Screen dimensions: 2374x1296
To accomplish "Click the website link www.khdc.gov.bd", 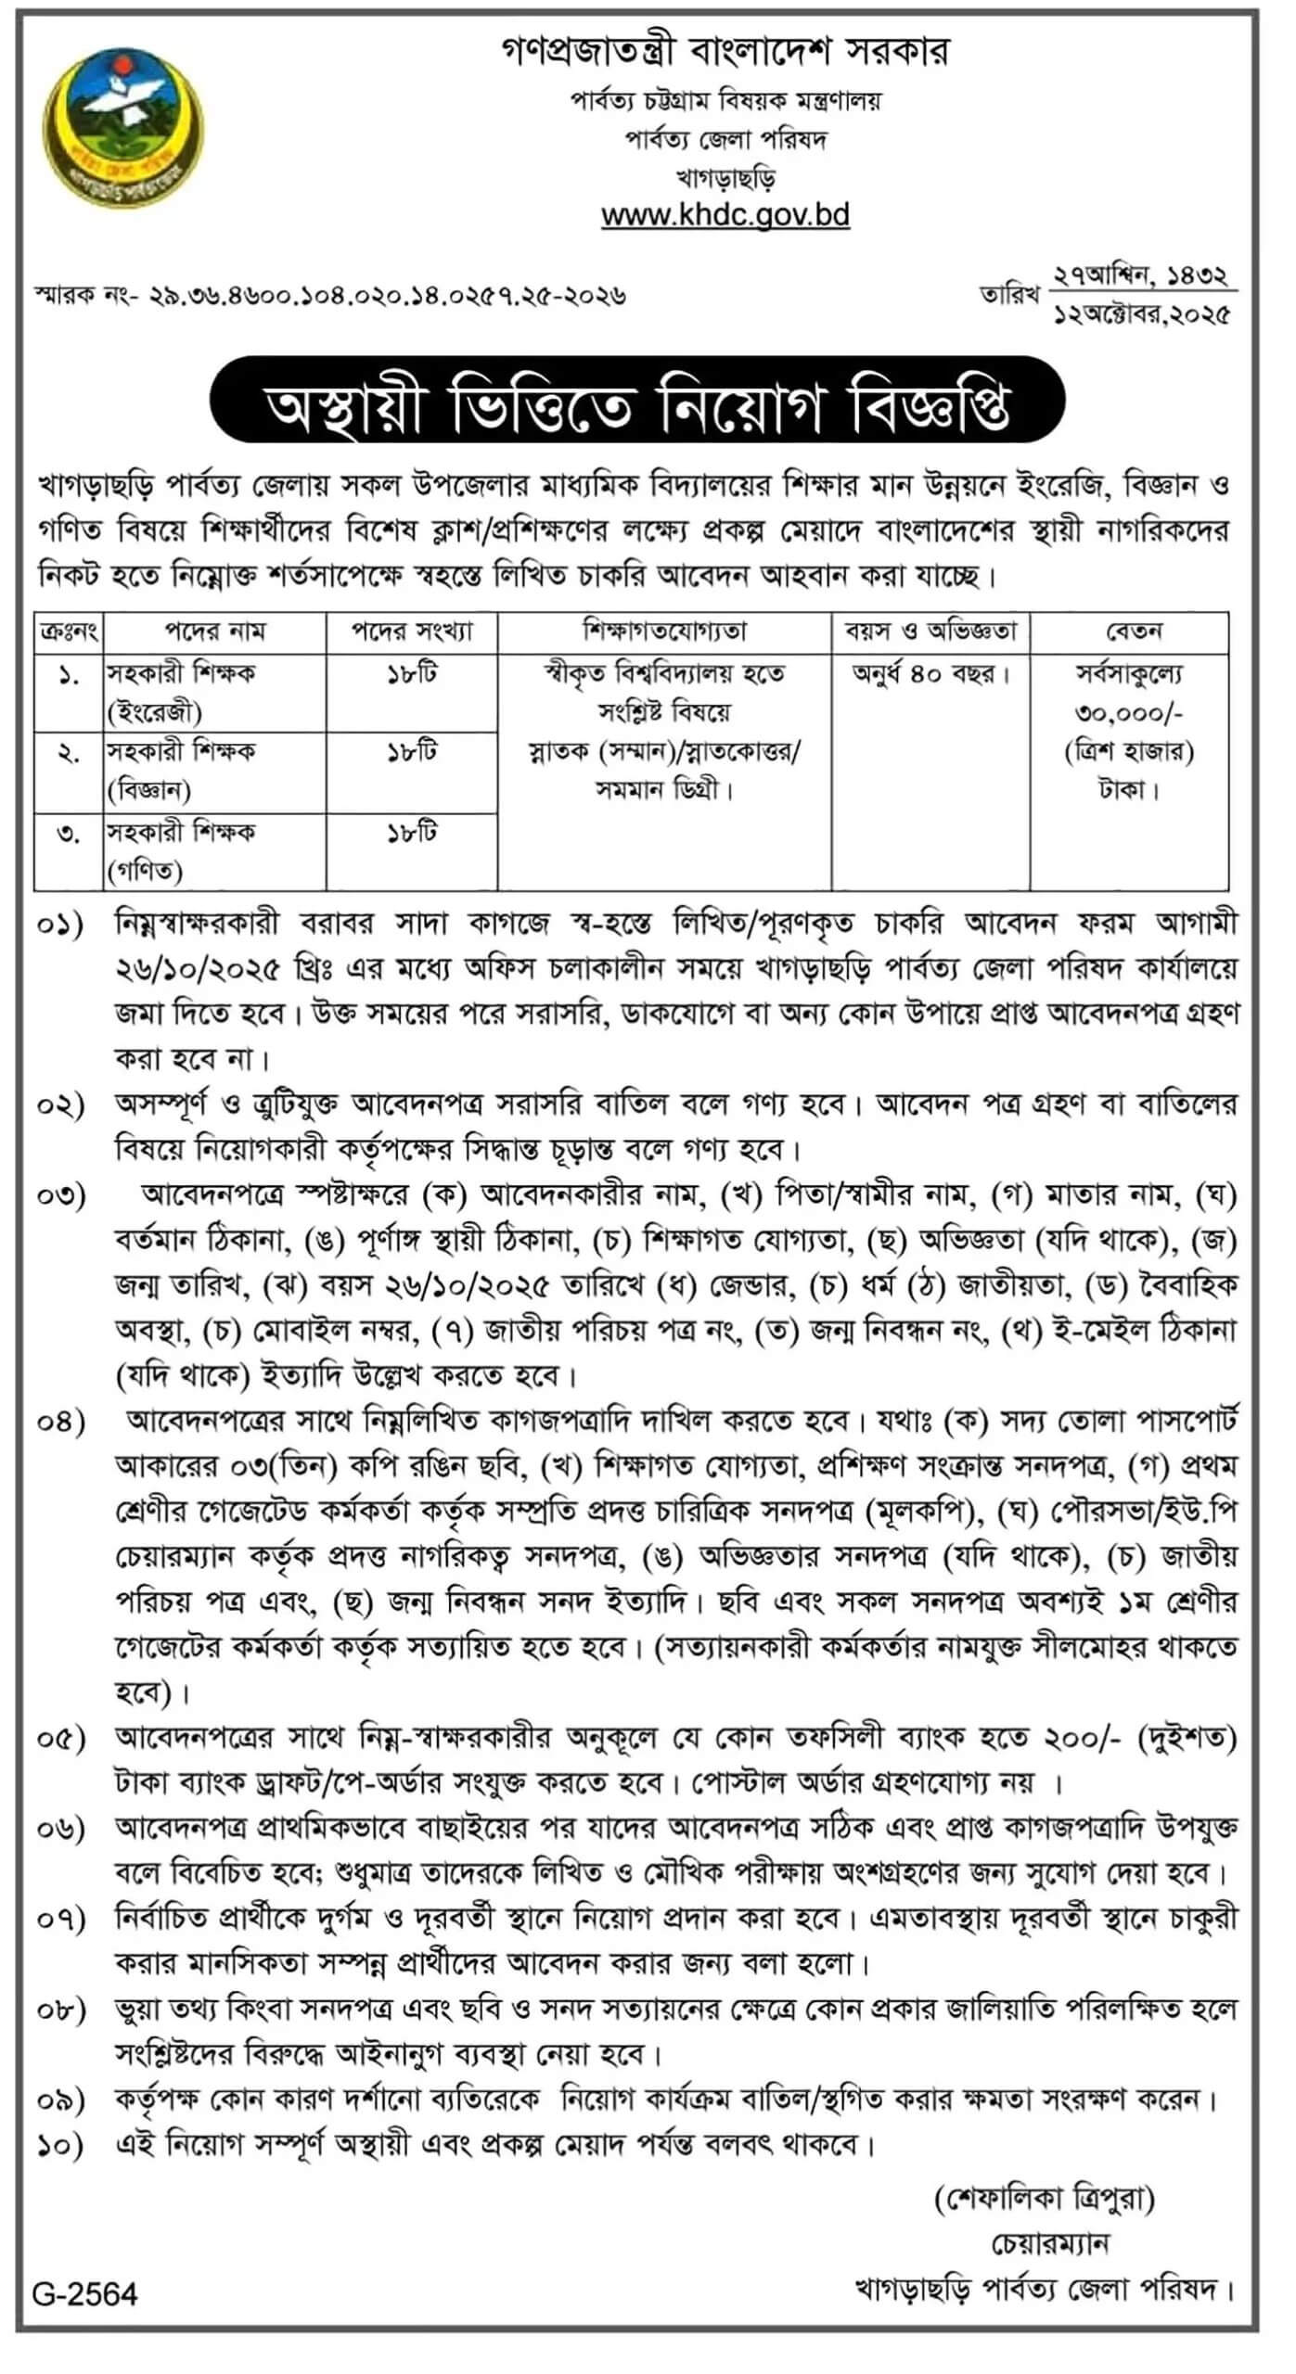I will (x=725, y=215).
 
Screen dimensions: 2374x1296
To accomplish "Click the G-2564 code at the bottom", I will (x=84, y=2293).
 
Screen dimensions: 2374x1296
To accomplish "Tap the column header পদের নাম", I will (x=214, y=632).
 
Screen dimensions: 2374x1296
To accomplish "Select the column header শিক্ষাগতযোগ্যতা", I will (x=664, y=632).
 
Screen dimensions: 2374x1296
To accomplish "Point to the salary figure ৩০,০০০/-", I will (x=1129, y=713).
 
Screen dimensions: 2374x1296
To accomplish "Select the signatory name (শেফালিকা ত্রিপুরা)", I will (x=1045, y=2199).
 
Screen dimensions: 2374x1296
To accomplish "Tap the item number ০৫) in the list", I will (x=60, y=1739).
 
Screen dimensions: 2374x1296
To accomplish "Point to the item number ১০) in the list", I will (x=60, y=2144).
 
